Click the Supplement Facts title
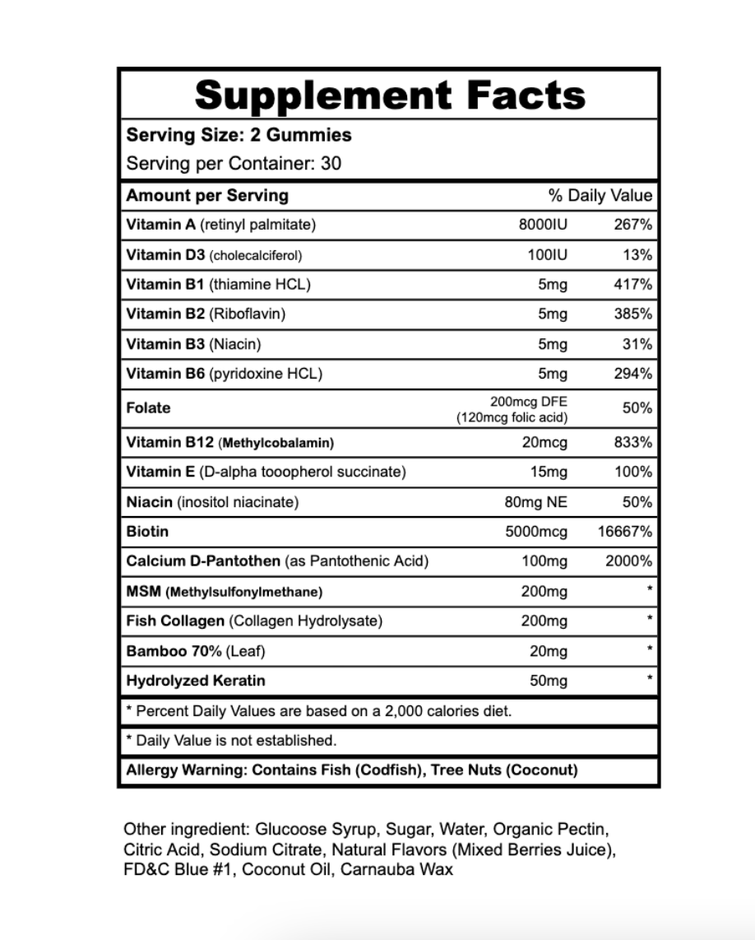coord(390,95)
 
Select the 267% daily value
coord(632,225)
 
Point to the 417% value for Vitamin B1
coord(632,285)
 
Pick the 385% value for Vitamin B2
coord(632,314)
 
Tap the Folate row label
coord(149,408)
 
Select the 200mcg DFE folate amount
coord(527,402)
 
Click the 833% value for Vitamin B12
coord(632,443)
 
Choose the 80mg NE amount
coord(535,502)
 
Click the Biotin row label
coord(147,532)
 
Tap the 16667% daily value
coord(624,532)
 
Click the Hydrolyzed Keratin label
coord(196,681)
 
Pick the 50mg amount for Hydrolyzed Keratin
coord(549,681)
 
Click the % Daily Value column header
coord(600,196)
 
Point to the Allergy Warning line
coord(352,770)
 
